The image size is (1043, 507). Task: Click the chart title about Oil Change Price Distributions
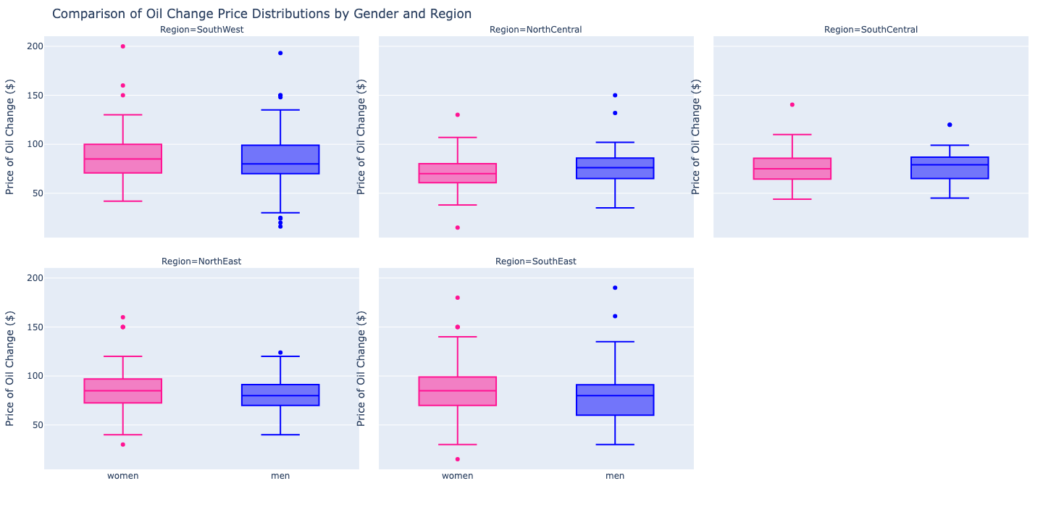coord(261,14)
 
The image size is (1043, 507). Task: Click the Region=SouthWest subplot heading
coord(201,30)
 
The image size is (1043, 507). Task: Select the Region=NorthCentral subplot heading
coord(535,30)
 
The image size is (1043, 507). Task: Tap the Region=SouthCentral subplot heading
coord(871,30)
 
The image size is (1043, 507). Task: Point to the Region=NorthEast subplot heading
coord(201,261)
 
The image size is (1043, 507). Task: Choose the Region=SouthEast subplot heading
coord(535,261)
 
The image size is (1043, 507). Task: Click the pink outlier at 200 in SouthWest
coord(123,46)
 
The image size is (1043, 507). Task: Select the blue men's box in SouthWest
coord(280,159)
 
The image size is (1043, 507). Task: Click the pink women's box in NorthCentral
coord(458,173)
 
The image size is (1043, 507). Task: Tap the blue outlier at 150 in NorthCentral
coord(615,95)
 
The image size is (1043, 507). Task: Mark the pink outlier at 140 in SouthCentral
coord(792,105)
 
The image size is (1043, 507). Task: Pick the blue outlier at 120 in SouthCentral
coord(950,125)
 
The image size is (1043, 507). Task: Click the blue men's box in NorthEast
coord(280,395)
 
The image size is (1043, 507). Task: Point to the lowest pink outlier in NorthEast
coord(123,444)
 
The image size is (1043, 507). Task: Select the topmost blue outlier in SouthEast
coord(615,288)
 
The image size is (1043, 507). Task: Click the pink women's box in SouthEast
coord(458,391)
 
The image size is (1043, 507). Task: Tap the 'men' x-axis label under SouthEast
coord(615,476)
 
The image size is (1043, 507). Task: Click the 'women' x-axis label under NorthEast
coord(123,476)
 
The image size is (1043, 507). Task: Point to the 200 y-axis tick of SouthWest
coord(35,46)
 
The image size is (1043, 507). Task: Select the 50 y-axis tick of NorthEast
coord(35,425)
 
